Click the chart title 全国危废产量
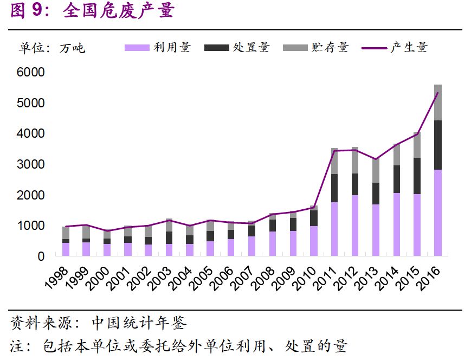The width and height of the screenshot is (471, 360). tap(119, 11)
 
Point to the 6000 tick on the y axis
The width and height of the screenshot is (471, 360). tap(34, 72)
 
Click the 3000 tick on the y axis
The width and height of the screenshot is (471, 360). tap(34, 164)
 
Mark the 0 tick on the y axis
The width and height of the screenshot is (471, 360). tap(41, 256)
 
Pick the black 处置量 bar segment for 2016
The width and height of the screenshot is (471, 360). tap(438, 145)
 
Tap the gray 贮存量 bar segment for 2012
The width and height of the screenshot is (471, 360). tap(355, 160)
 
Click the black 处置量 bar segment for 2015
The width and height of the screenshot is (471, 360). tap(417, 176)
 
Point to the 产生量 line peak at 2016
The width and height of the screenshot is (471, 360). tap(438, 93)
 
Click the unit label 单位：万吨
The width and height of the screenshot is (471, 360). tap(52, 48)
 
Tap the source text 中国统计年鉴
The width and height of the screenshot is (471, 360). tap(139, 324)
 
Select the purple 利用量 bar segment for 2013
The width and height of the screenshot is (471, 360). tap(376, 230)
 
